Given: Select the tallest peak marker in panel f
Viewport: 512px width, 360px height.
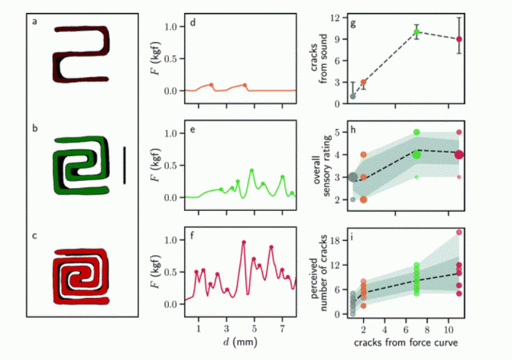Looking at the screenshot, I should [x=243, y=242].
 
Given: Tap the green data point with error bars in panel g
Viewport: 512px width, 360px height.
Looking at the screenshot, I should [x=416, y=32].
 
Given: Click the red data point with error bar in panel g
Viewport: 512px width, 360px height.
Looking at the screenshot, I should [x=459, y=38].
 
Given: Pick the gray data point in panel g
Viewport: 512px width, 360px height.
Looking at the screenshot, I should [x=352, y=96].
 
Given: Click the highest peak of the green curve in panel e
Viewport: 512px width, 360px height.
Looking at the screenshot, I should [x=251, y=170].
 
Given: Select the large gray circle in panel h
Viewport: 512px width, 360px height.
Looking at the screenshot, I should [x=352, y=177].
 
